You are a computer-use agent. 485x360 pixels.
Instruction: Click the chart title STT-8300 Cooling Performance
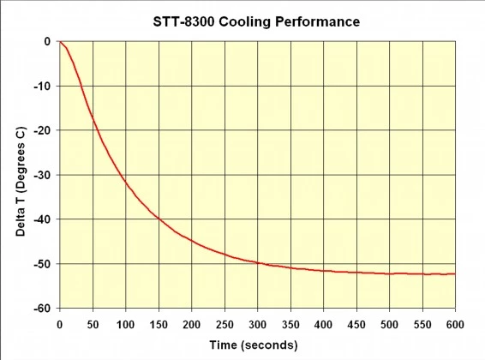click(257, 19)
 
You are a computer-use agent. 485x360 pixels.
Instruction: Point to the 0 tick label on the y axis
click(48, 41)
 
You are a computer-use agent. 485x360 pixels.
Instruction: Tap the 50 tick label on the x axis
click(93, 324)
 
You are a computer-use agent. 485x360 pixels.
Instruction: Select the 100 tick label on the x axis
click(125, 324)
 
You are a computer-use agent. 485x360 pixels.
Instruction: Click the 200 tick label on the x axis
click(191, 324)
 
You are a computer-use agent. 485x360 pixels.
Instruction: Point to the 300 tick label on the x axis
click(257, 324)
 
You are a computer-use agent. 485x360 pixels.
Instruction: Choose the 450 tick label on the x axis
click(356, 324)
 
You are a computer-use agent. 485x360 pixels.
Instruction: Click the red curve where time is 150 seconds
click(159, 218)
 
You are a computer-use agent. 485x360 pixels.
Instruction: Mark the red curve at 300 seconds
click(257, 262)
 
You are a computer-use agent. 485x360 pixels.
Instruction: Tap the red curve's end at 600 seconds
click(455, 273)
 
